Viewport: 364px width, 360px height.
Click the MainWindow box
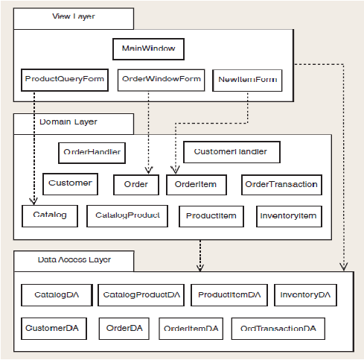pos(148,49)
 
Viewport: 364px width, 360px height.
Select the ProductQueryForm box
pos(65,80)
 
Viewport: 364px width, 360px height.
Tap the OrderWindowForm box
pos(162,80)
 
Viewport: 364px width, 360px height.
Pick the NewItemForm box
pos(247,80)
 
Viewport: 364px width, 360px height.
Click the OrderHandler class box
pos(92,153)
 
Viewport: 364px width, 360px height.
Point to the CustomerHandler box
pos(232,152)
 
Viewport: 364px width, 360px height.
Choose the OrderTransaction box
pos(281,185)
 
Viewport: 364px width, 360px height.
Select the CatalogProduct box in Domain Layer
pos(127,216)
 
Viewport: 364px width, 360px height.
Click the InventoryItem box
pos(289,216)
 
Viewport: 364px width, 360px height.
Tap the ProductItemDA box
pos(229,295)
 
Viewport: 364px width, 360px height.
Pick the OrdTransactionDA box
pos(278,329)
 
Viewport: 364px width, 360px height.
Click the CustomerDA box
pos(54,329)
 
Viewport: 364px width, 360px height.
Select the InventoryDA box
pos(305,295)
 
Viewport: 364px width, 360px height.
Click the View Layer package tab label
pos(74,16)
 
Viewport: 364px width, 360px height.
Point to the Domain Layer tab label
pos(68,121)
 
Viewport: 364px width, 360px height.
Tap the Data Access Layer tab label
pos(74,259)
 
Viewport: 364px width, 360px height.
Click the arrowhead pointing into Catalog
pos(33,201)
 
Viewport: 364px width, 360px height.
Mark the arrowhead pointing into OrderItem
pos(175,170)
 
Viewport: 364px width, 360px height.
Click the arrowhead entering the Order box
pos(149,170)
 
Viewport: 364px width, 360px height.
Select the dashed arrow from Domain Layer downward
pos(200,256)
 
